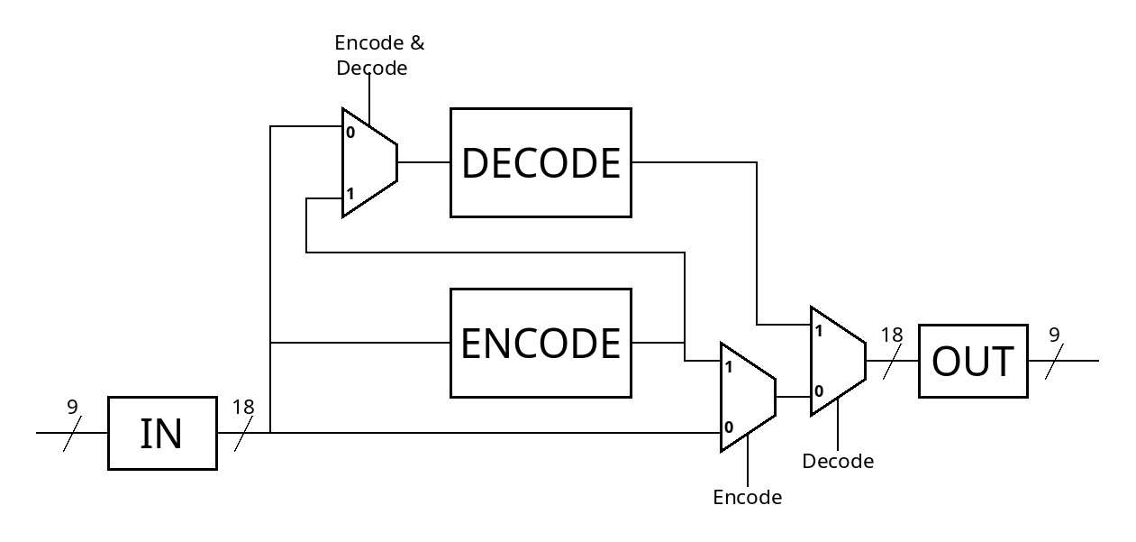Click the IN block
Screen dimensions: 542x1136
click(x=162, y=433)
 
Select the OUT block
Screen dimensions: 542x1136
click(x=973, y=361)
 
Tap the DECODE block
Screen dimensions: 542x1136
click(x=541, y=162)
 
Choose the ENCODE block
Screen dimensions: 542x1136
click(x=541, y=343)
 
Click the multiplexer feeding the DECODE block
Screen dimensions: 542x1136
click(x=369, y=162)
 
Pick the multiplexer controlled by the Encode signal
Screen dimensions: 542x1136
click(x=748, y=397)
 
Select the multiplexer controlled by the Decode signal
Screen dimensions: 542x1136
click(x=838, y=361)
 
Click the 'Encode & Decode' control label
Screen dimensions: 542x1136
click(x=378, y=55)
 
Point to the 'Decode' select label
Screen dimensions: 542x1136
click(x=838, y=462)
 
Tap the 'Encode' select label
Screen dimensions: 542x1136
click(x=748, y=498)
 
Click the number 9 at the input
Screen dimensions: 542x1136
click(x=72, y=407)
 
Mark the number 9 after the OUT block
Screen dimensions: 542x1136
click(x=1054, y=335)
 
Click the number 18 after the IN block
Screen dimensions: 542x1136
click(x=243, y=407)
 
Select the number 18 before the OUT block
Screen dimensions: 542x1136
click(x=892, y=335)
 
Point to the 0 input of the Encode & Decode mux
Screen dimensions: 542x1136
click(x=350, y=133)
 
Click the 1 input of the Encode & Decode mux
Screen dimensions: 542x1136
click(x=350, y=193)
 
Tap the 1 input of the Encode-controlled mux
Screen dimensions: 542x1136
click(x=729, y=367)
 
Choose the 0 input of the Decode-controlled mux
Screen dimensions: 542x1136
click(x=818, y=390)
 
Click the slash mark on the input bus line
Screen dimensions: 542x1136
click(x=72, y=433)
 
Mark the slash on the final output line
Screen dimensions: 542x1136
click(x=1054, y=361)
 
